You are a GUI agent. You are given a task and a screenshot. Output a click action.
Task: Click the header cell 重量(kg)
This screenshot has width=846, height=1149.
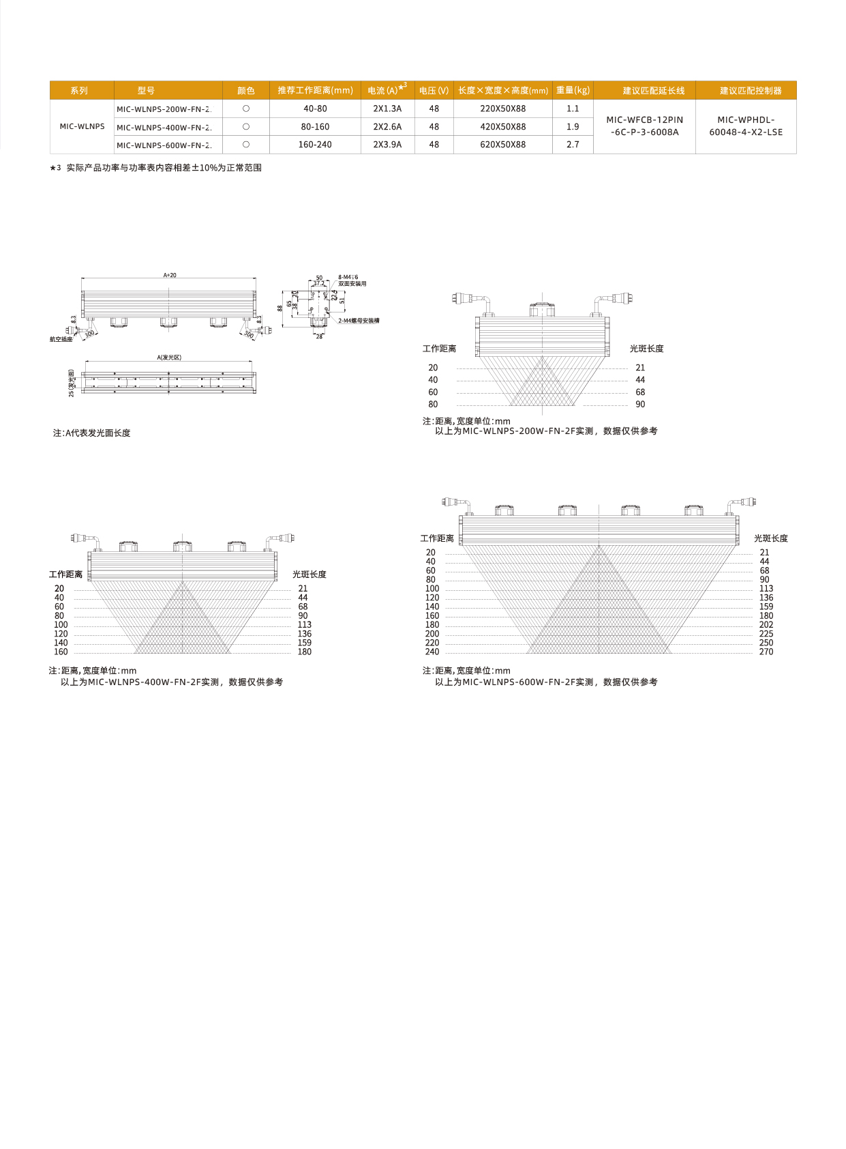pos(573,90)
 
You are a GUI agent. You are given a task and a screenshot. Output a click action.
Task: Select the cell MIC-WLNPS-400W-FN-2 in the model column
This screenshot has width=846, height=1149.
pos(164,127)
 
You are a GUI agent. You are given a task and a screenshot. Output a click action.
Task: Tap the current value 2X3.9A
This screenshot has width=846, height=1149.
pos(387,145)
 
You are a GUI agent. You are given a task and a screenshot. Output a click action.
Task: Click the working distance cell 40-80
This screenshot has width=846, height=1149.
pos(315,108)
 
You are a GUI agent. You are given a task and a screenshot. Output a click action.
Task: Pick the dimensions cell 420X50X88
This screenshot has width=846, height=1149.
pos(502,127)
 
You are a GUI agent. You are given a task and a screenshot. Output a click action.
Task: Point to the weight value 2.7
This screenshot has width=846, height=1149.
pos(573,145)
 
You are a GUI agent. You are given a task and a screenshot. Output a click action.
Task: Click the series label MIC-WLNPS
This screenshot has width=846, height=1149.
pos(82,126)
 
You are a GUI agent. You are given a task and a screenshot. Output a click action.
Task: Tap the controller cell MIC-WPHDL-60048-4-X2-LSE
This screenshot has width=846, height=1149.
pos(746,126)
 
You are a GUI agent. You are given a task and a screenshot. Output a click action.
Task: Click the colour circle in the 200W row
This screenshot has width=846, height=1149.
pos(246,108)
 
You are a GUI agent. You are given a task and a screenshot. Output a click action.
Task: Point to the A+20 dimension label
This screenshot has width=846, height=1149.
pos(170,276)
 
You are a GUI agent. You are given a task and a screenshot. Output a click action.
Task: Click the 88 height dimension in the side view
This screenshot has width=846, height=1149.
pos(280,308)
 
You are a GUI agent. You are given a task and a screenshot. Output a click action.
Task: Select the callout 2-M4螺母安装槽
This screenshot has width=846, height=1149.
pos(359,321)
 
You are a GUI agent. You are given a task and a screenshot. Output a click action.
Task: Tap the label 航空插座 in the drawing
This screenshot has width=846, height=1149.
pos(61,339)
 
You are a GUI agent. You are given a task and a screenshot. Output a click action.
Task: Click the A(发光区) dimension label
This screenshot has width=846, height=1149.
pos(169,358)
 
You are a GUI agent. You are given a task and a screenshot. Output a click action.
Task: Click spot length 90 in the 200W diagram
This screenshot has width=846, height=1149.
pos(640,405)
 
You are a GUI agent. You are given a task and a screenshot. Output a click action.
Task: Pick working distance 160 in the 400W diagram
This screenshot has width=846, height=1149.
pos(61,652)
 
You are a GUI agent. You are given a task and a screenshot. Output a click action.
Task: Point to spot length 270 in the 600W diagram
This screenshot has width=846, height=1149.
pos(766,652)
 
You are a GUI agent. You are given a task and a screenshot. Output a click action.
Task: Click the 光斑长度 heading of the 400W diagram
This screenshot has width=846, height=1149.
pos(309,574)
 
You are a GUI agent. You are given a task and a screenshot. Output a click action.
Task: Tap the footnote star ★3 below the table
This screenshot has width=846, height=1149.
pos(55,168)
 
